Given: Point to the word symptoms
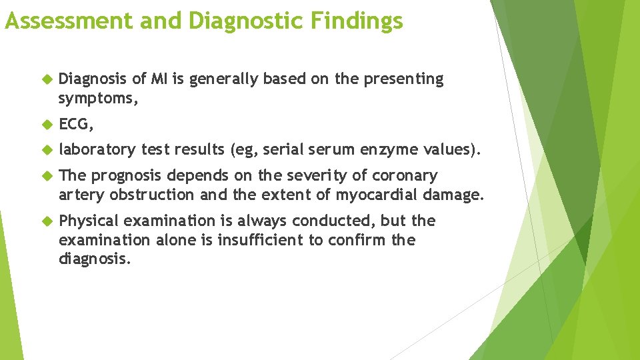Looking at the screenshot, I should pos(90,99).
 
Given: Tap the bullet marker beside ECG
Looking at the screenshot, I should pos(47,125).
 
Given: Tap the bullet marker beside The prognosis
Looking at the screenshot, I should pos(47,176).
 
